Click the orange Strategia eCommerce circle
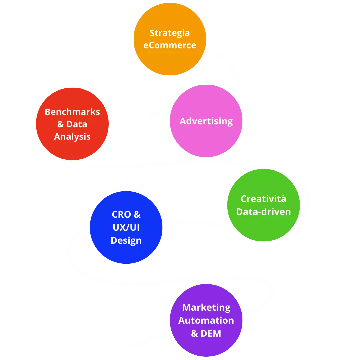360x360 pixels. click(x=170, y=60)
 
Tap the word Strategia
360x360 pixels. click(x=170, y=33)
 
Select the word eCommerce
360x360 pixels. click(x=170, y=45)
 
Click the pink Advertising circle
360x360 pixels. click(x=206, y=140)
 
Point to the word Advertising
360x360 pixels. click(x=206, y=121)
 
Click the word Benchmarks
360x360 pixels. click(x=72, y=112)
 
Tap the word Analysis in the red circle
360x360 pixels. click(x=72, y=136)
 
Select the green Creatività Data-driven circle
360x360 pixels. click(x=263, y=227)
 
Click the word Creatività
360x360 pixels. click(x=263, y=199)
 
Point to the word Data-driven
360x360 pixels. click(x=263, y=212)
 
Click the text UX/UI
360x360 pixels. click(x=126, y=227)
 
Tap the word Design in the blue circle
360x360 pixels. click(x=126, y=240)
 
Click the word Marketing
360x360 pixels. click(x=206, y=307)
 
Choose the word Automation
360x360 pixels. click(x=206, y=320)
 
